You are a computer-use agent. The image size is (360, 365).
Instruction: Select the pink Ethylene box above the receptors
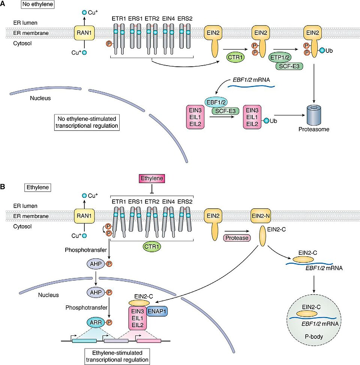(151, 179)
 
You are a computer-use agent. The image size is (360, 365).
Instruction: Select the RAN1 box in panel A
(84, 33)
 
